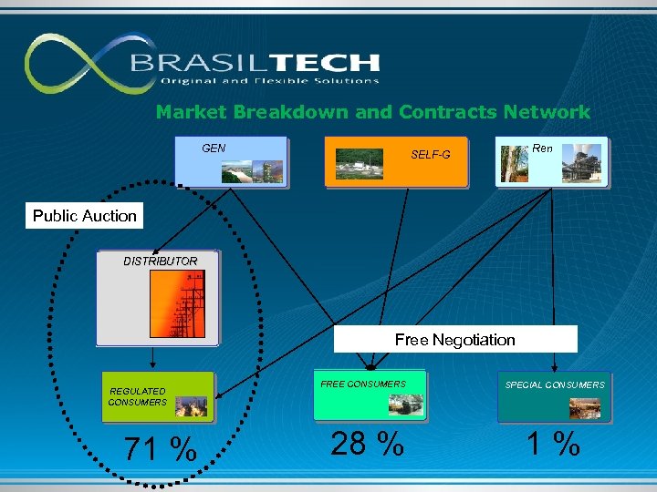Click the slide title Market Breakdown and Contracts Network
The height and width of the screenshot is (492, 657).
(372, 112)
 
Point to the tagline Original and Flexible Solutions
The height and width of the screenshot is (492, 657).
(269, 81)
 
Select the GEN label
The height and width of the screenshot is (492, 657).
(214, 148)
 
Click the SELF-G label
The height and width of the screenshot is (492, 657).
(430, 155)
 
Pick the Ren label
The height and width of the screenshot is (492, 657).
(542, 148)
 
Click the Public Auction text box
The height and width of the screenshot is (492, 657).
(84, 216)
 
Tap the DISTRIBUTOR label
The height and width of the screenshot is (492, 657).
(160, 261)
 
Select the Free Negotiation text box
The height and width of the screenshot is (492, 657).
(454, 340)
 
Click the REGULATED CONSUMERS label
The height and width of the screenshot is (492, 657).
(137, 396)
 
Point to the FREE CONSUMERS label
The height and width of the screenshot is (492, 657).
(362, 384)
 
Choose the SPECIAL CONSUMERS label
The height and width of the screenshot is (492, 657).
(554, 385)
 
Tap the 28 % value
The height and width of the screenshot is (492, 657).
(367, 444)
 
